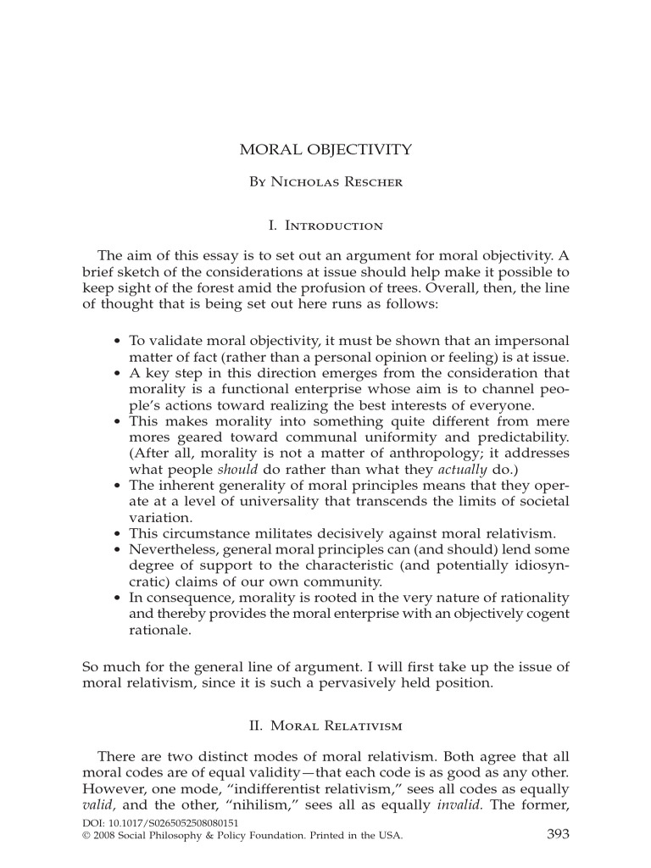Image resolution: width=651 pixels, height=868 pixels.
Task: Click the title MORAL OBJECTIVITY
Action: (326, 150)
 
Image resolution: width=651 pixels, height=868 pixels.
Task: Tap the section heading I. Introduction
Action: (325, 225)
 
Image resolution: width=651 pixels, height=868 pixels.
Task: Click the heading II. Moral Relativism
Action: (325, 726)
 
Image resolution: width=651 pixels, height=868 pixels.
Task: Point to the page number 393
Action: (558, 834)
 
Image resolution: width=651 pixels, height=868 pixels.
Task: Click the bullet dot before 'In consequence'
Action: (117, 598)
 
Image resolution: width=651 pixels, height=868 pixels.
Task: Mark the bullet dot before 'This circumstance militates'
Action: (117, 534)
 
